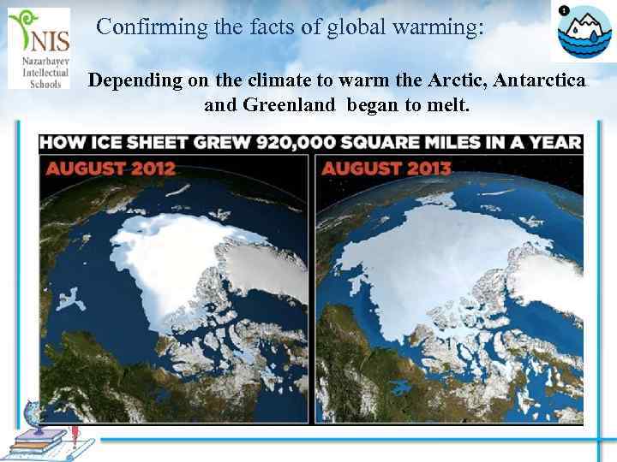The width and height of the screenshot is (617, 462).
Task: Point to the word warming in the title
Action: tap(434, 27)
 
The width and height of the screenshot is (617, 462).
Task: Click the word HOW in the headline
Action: tap(63, 142)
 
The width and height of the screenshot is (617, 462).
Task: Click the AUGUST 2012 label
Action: tap(111, 167)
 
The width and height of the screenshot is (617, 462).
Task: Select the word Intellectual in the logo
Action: tap(39, 74)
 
